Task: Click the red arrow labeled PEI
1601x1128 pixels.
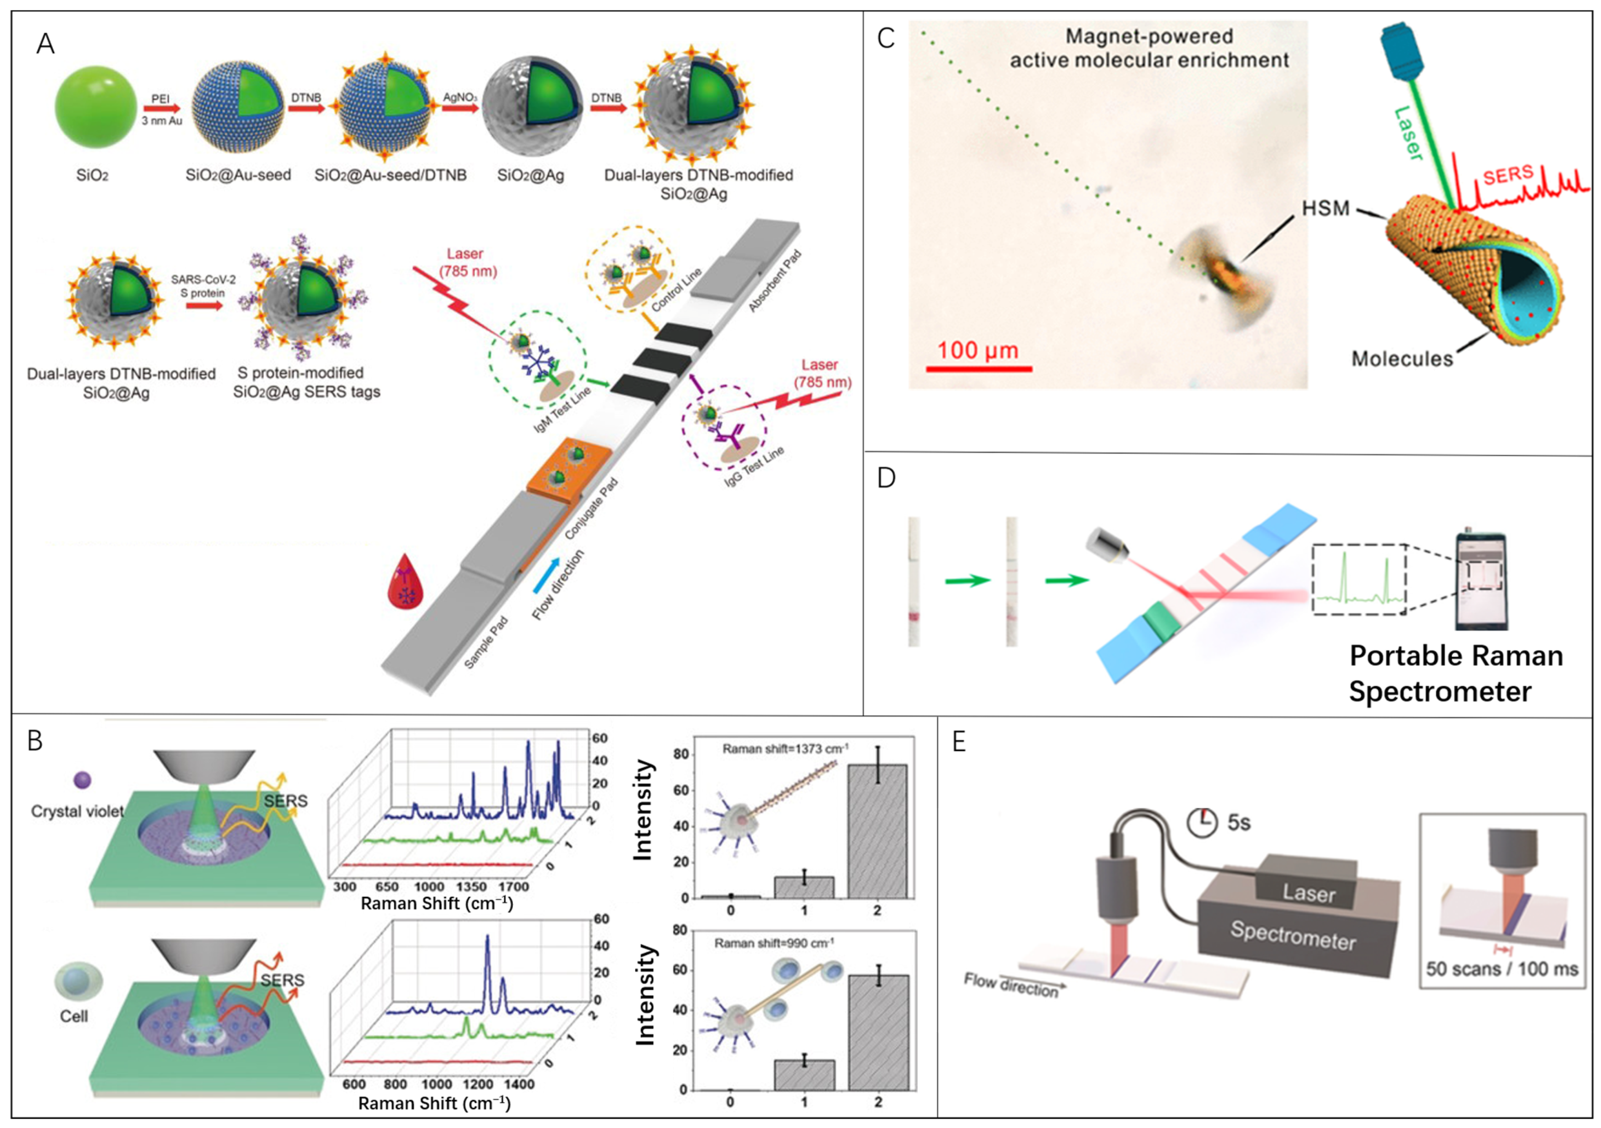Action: (161, 109)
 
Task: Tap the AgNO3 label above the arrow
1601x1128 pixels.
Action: (460, 97)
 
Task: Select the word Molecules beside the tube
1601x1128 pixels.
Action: (1402, 359)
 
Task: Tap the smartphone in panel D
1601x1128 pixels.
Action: (1481, 581)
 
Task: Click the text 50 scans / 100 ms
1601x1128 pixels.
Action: (1502, 969)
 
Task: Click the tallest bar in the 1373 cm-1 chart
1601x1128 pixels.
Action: (877, 830)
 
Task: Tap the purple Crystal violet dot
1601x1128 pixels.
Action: (82, 779)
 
